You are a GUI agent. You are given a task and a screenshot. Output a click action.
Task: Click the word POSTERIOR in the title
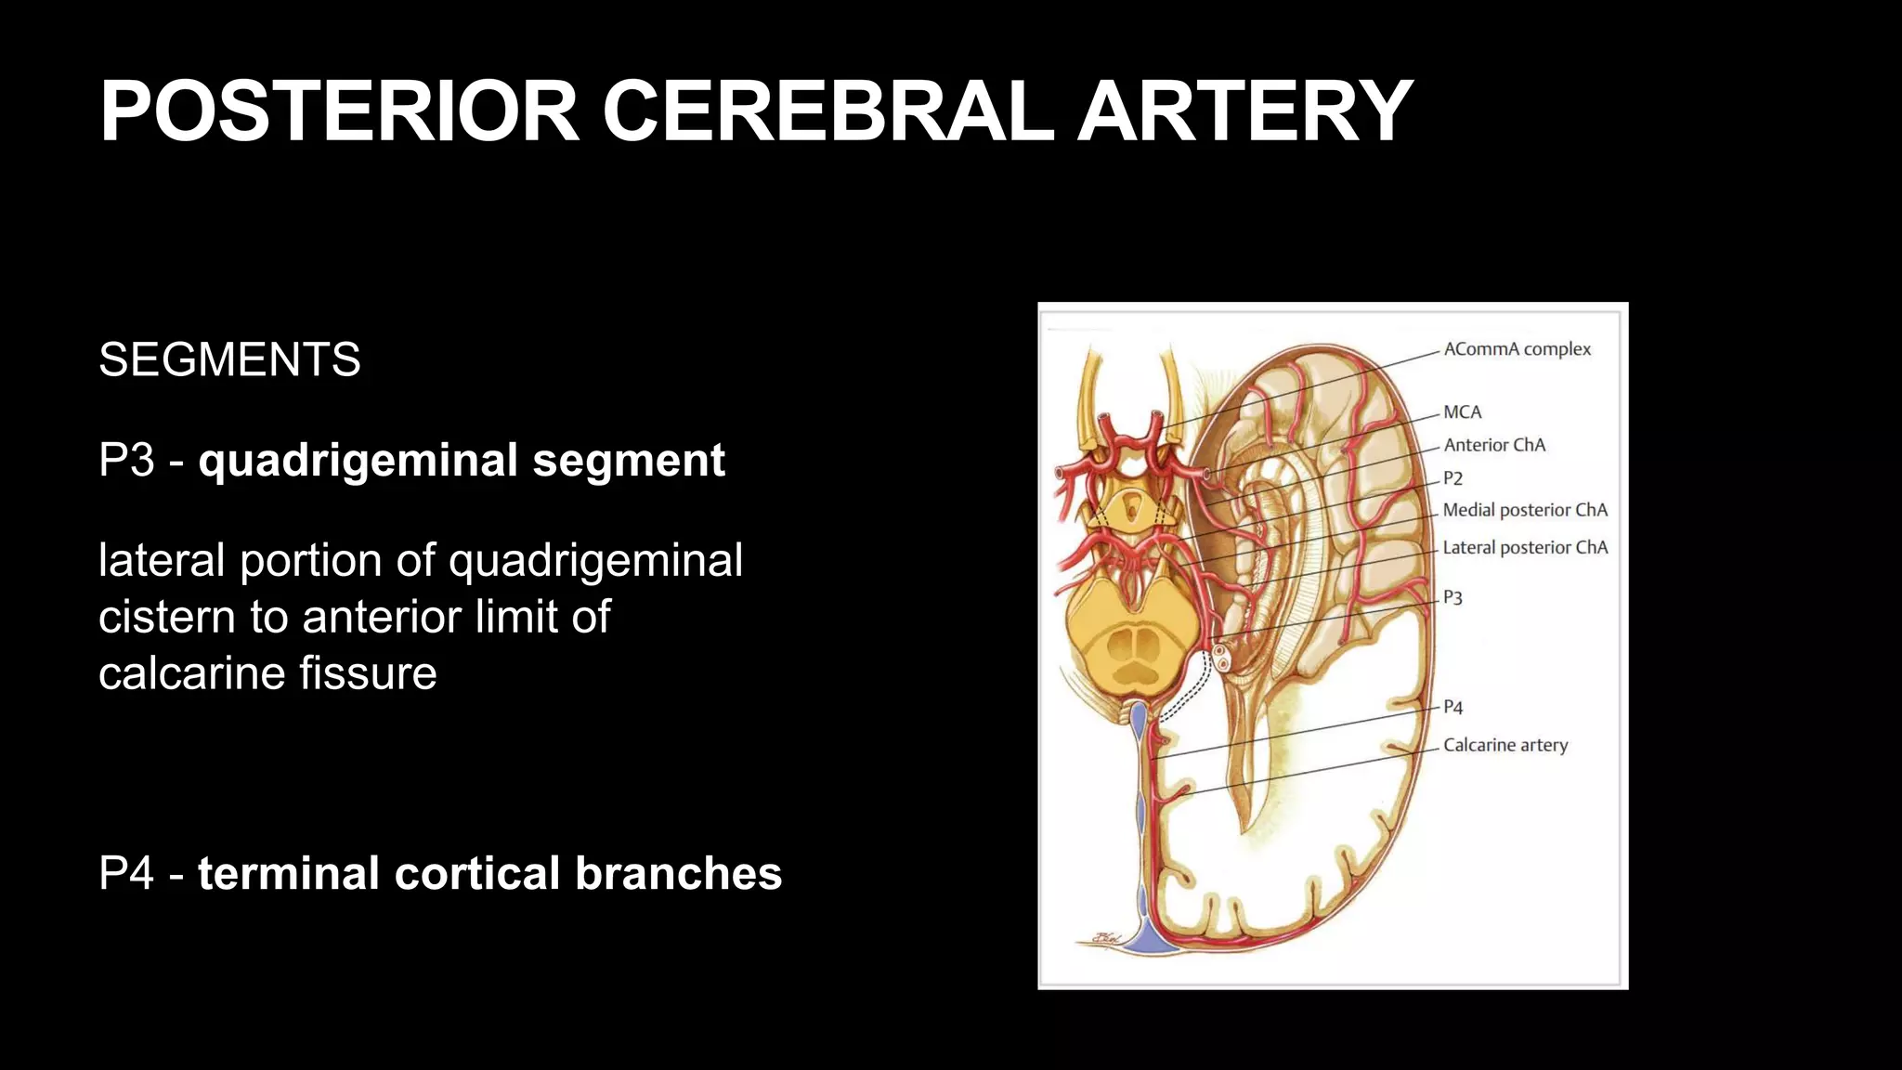click(340, 111)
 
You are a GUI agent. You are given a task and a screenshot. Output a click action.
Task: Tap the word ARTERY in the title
click(1244, 111)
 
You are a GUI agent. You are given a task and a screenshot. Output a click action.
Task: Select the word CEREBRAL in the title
click(827, 111)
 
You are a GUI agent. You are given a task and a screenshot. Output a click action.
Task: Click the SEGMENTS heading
click(229, 359)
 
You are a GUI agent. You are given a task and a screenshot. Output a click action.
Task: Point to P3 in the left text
click(126, 460)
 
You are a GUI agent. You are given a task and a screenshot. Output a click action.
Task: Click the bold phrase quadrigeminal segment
click(462, 461)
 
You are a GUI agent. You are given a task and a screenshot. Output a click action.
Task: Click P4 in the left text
click(126, 873)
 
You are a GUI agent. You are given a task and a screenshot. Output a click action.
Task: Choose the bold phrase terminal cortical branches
click(489, 873)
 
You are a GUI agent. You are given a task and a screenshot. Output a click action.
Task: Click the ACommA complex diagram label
click(1517, 349)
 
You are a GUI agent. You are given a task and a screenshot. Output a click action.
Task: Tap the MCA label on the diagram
click(1462, 411)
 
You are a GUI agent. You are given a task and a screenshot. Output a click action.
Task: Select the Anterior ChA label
click(1494, 445)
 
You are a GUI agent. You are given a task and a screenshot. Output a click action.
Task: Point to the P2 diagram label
click(1453, 478)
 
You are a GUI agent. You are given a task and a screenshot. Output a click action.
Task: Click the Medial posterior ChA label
click(1525, 510)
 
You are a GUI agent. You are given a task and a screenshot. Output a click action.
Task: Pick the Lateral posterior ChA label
click(1525, 547)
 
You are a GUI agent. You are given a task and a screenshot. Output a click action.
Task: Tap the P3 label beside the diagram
click(1453, 597)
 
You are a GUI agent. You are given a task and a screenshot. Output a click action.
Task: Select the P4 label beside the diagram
click(1453, 707)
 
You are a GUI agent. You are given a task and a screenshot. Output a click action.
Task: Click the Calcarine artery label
click(1505, 745)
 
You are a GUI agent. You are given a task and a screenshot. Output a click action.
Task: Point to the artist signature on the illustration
click(1106, 939)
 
